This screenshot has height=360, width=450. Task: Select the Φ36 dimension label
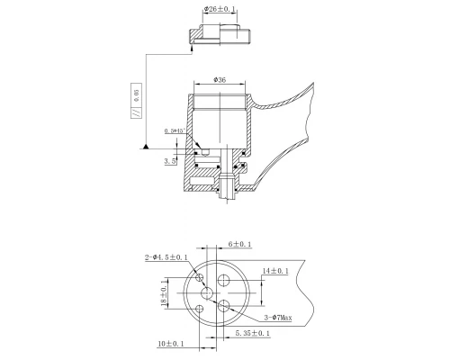pyautogui.click(x=220, y=78)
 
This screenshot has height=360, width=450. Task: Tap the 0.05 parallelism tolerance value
pyautogui.click(x=138, y=94)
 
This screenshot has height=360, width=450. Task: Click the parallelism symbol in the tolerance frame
pyautogui.click(x=138, y=113)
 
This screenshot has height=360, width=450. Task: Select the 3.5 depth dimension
pyautogui.click(x=170, y=162)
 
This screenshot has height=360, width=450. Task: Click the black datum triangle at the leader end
pyautogui.click(x=145, y=145)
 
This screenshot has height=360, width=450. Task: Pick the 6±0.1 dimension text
pyautogui.click(x=240, y=245)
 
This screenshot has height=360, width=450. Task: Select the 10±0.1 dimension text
pyautogui.click(x=172, y=344)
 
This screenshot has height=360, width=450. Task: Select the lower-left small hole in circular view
pyautogui.click(x=201, y=309)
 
